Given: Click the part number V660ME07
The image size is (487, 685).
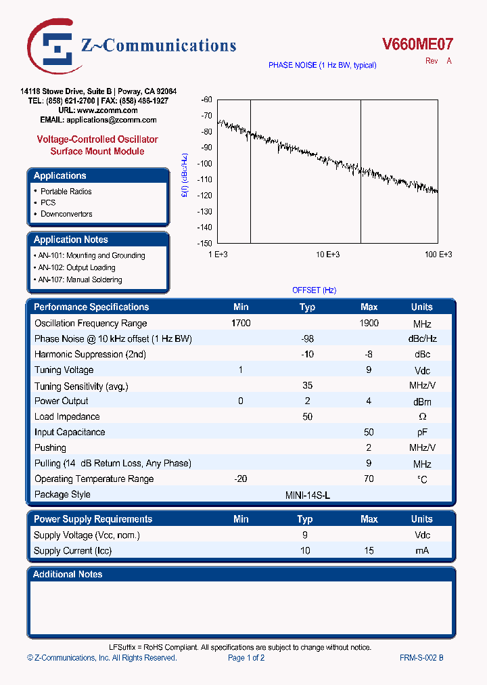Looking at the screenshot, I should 417,45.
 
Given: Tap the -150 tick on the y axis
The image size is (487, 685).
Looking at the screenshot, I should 205,243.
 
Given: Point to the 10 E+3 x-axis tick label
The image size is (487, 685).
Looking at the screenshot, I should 327,255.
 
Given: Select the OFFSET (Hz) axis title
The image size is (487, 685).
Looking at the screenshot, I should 314,290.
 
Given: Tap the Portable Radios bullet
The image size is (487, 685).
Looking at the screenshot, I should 66,192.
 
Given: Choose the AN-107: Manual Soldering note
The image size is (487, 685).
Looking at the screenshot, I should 80,280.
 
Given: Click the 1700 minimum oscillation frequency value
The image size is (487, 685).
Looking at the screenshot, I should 241,324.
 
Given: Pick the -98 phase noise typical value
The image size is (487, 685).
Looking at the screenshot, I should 307,339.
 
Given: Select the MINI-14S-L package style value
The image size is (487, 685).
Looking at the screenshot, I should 308,495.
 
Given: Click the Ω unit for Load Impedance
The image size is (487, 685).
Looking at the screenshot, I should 421,417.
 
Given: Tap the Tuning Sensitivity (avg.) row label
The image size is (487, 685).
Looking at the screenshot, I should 81,386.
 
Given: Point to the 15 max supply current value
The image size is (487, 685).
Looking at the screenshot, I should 369,551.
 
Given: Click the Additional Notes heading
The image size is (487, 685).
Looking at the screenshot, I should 68,574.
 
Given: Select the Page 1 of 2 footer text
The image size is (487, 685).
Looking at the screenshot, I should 246,658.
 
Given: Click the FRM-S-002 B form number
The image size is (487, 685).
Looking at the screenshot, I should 421,658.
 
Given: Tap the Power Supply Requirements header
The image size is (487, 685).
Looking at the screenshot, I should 93,519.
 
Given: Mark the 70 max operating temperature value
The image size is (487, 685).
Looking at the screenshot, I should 369,479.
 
